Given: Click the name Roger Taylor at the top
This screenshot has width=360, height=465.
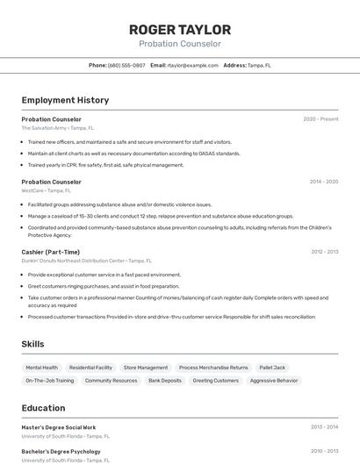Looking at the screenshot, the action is pyautogui.click(x=180, y=30).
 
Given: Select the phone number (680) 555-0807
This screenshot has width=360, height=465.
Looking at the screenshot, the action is pyautogui.click(x=126, y=65).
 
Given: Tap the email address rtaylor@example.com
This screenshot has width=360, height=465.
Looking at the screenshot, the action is pyautogui.click(x=192, y=65).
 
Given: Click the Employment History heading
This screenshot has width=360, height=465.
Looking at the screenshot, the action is pyautogui.click(x=65, y=100).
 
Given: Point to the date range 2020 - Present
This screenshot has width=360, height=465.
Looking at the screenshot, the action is pyautogui.click(x=320, y=118).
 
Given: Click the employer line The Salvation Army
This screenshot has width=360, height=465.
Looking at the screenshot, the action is pyautogui.click(x=57, y=127).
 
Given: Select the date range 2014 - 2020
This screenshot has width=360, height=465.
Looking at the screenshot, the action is pyautogui.click(x=323, y=182).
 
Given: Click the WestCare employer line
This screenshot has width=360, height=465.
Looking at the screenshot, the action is pyautogui.click(x=47, y=190).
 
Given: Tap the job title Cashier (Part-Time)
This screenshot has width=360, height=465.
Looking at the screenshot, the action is pyautogui.click(x=51, y=252).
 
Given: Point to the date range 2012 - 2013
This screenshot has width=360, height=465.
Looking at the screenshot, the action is pyautogui.click(x=324, y=252).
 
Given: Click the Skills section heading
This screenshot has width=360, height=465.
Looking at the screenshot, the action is pyautogui.click(x=33, y=344).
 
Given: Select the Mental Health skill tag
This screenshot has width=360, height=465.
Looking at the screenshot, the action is pyautogui.click(x=42, y=368).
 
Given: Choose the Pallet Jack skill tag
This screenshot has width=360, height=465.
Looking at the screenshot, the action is pyautogui.click(x=272, y=368).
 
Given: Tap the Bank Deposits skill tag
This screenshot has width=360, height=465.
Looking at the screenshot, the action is pyautogui.click(x=165, y=381).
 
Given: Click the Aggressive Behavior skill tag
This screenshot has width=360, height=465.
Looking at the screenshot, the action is pyautogui.click(x=274, y=381).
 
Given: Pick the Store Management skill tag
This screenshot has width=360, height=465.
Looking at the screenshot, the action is pyautogui.click(x=146, y=368).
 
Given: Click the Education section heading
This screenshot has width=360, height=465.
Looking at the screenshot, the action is pyautogui.click(x=43, y=408).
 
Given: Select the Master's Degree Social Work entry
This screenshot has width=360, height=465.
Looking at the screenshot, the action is pyautogui.click(x=59, y=427).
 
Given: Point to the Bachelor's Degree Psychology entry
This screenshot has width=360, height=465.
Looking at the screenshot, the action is pyautogui.click(x=61, y=451).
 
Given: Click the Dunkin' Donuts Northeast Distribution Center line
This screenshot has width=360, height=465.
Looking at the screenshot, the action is pyautogui.click(x=86, y=261).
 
